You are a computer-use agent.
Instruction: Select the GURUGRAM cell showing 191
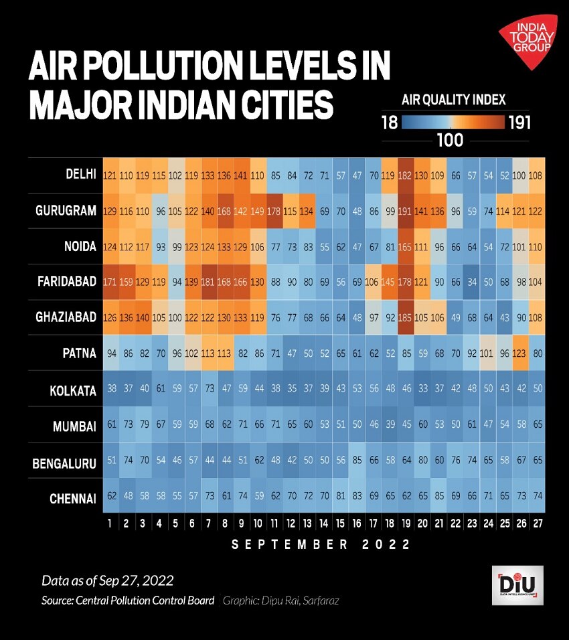(406, 210)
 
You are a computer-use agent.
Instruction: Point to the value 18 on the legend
(390, 123)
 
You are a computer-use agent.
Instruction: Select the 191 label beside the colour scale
(519, 123)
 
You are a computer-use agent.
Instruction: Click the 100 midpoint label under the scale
(451, 141)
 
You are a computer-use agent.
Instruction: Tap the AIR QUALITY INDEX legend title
(453, 100)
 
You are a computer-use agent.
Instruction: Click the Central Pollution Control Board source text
(128, 601)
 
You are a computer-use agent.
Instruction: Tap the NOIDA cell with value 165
(406, 245)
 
